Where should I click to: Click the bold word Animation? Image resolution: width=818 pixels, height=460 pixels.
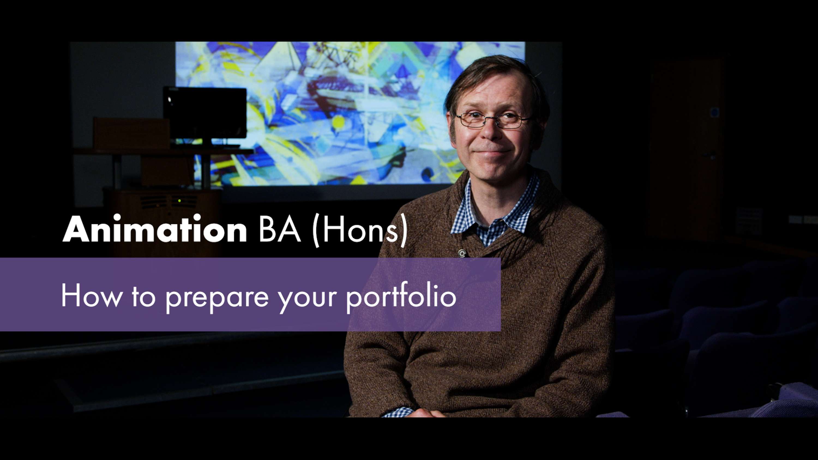point(155,229)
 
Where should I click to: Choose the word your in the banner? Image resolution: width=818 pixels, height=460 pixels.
point(306,300)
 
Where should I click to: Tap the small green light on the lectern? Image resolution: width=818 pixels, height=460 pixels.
point(180,201)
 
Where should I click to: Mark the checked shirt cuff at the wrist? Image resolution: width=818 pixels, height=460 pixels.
point(399,412)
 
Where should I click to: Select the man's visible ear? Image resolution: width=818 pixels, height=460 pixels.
point(450,125)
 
